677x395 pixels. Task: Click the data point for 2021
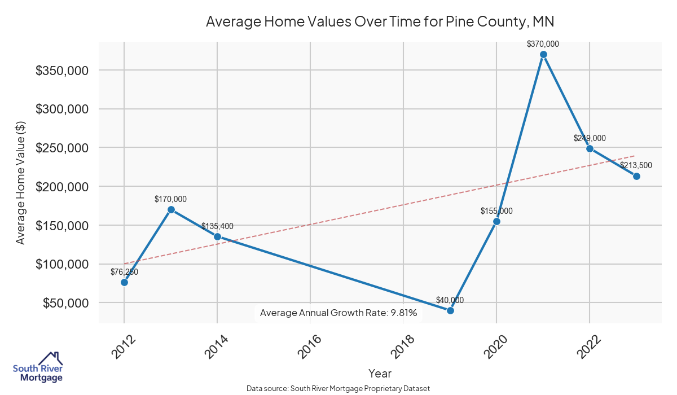[x=543, y=55]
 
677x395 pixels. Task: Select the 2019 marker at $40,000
[x=450, y=310]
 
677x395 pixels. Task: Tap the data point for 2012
[x=124, y=282]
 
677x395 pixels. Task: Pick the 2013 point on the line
[x=171, y=209]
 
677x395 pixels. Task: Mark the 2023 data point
[x=636, y=176]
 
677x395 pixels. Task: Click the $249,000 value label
[x=590, y=138]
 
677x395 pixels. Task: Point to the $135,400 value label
[x=217, y=226]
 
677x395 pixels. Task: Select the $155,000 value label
[x=496, y=211]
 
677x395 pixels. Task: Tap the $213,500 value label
[x=636, y=165]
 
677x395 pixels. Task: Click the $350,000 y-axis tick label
[x=61, y=71]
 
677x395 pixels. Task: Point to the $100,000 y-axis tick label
[x=61, y=264]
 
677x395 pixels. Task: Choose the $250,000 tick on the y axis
[x=61, y=148]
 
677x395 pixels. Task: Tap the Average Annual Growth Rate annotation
[x=338, y=313]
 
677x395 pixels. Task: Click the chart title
[x=380, y=22]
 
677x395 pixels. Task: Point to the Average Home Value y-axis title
[x=20, y=182]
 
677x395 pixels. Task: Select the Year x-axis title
[x=380, y=373]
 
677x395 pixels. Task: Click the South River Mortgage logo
[x=38, y=368]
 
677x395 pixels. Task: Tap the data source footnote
[x=338, y=388]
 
